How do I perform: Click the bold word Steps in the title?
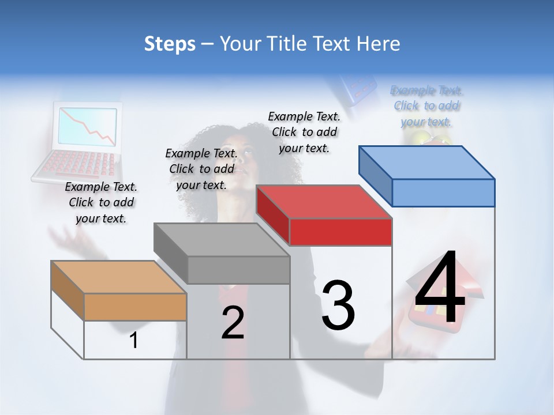pos(169,44)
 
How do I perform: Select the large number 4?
pos(440,288)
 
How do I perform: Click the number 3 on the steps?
pos(338,305)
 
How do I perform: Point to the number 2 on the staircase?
pos(233,323)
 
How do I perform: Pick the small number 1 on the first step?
pos(133,341)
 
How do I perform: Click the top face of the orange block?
pos(118,277)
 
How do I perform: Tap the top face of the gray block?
pos(221,240)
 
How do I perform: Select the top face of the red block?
pos(324,202)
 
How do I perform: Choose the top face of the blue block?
pos(426,162)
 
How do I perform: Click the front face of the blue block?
pos(443,193)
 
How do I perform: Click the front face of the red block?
pos(340,232)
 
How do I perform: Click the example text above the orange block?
pos(101,202)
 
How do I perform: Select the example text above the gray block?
pos(201,169)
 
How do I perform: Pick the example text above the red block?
pos(304,132)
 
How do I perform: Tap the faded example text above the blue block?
pos(426,106)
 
